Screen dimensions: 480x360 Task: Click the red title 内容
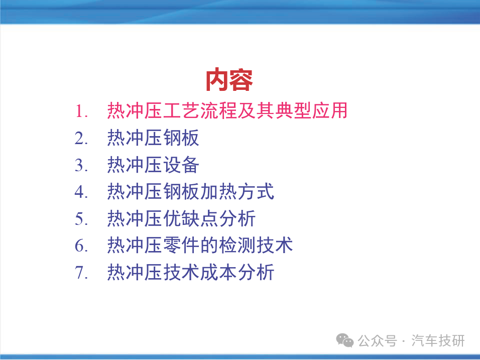pyautogui.click(x=229, y=80)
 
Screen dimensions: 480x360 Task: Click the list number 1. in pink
pyautogui.click(x=81, y=111)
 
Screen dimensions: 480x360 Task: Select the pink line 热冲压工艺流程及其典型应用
pyautogui.click(x=227, y=110)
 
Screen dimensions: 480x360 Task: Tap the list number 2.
pyautogui.click(x=81, y=138)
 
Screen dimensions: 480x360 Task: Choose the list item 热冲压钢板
pyautogui.click(x=153, y=138)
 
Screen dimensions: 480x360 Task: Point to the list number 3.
pyautogui.click(x=81, y=165)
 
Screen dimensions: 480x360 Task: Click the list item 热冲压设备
pyautogui.click(x=153, y=165)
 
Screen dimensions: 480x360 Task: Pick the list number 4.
pyautogui.click(x=81, y=192)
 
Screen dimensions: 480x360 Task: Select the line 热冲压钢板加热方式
pyautogui.click(x=190, y=192)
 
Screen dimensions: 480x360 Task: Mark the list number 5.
pyautogui.click(x=81, y=219)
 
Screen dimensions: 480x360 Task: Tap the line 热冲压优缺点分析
pyautogui.click(x=181, y=218)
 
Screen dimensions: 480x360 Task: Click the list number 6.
pyautogui.click(x=81, y=246)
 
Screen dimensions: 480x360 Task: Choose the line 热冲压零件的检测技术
pyautogui.click(x=200, y=245)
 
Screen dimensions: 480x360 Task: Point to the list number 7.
pyautogui.click(x=81, y=273)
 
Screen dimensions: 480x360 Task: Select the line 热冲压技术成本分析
pyautogui.click(x=190, y=272)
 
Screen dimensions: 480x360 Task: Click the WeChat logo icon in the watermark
pyautogui.click(x=345, y=340)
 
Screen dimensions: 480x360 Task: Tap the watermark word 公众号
pyautogui.click(x=378, y=341)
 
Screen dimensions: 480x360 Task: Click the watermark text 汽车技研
pyautogui.click(x=438, y=341)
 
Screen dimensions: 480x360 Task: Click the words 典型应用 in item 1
pyautogui.click(x=311, y=110)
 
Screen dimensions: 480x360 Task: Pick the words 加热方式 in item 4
pyautogui.click(x=237, y=192)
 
